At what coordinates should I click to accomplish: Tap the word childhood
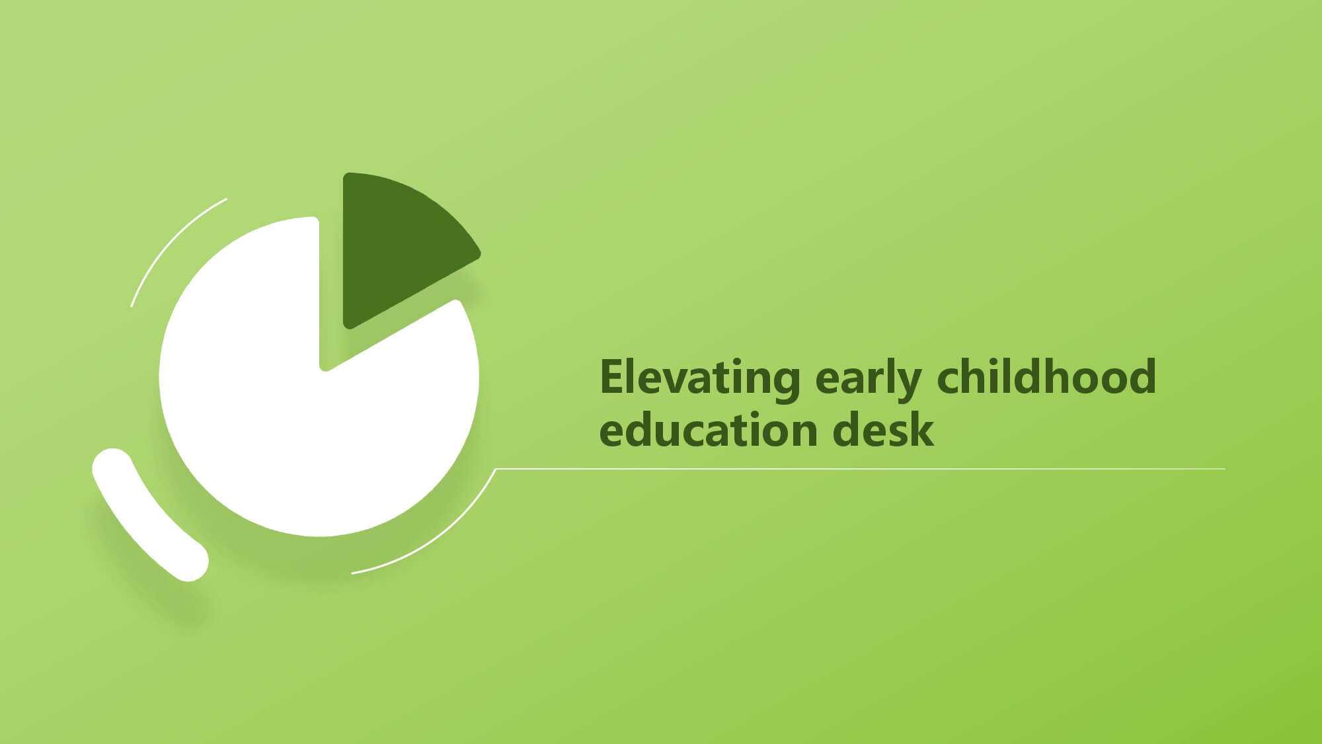(1046, 376)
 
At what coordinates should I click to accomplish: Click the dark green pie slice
(403, 245)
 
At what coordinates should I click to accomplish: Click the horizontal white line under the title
(860, 469)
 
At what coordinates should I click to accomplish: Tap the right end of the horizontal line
(1224, 469)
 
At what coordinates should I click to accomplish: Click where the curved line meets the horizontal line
(496, 469)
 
